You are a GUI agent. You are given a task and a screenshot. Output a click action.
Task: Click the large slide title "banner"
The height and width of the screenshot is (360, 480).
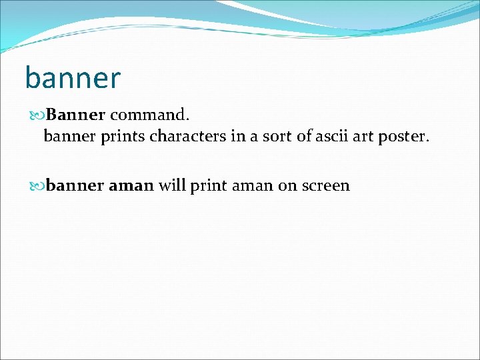(73, 77)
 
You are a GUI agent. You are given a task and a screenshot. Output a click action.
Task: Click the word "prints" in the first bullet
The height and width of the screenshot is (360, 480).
(125, 137)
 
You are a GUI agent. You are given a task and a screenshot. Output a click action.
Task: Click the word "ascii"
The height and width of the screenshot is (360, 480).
(331, 137)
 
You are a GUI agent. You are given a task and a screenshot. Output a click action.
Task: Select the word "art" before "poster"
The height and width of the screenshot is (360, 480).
(364, 137)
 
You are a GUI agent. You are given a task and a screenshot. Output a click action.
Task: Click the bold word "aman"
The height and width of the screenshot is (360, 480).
(131, 185)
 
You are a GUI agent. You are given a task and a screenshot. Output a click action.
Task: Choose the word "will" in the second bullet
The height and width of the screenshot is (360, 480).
(172, 185)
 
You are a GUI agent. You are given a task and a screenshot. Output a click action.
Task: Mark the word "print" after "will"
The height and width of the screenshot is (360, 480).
(209, 185)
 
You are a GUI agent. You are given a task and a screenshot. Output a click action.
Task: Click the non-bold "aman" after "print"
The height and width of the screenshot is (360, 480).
(253, 185)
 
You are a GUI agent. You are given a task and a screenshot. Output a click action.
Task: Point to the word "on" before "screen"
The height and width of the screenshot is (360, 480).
(287, 185)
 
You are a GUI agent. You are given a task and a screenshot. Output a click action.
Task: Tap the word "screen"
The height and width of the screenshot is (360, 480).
(325, 185)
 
